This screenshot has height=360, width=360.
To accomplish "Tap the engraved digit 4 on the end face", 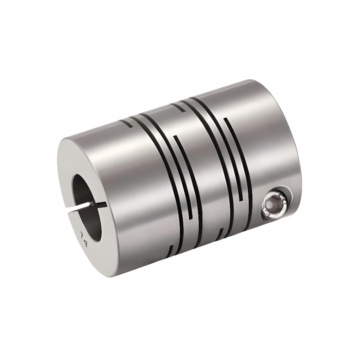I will click(85, 243).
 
